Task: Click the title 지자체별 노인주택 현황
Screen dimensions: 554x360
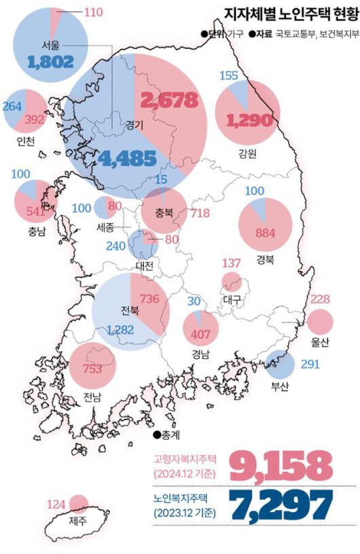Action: [282, 14]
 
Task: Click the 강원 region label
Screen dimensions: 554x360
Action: [247, 153]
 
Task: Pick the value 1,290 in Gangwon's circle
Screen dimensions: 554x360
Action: [243, 121]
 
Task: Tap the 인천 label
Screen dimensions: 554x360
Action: [26, 141]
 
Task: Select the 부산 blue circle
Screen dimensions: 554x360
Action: [280, 365]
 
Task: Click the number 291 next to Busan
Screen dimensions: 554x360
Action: [309, 364]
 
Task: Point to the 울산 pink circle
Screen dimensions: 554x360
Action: [320, 322]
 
